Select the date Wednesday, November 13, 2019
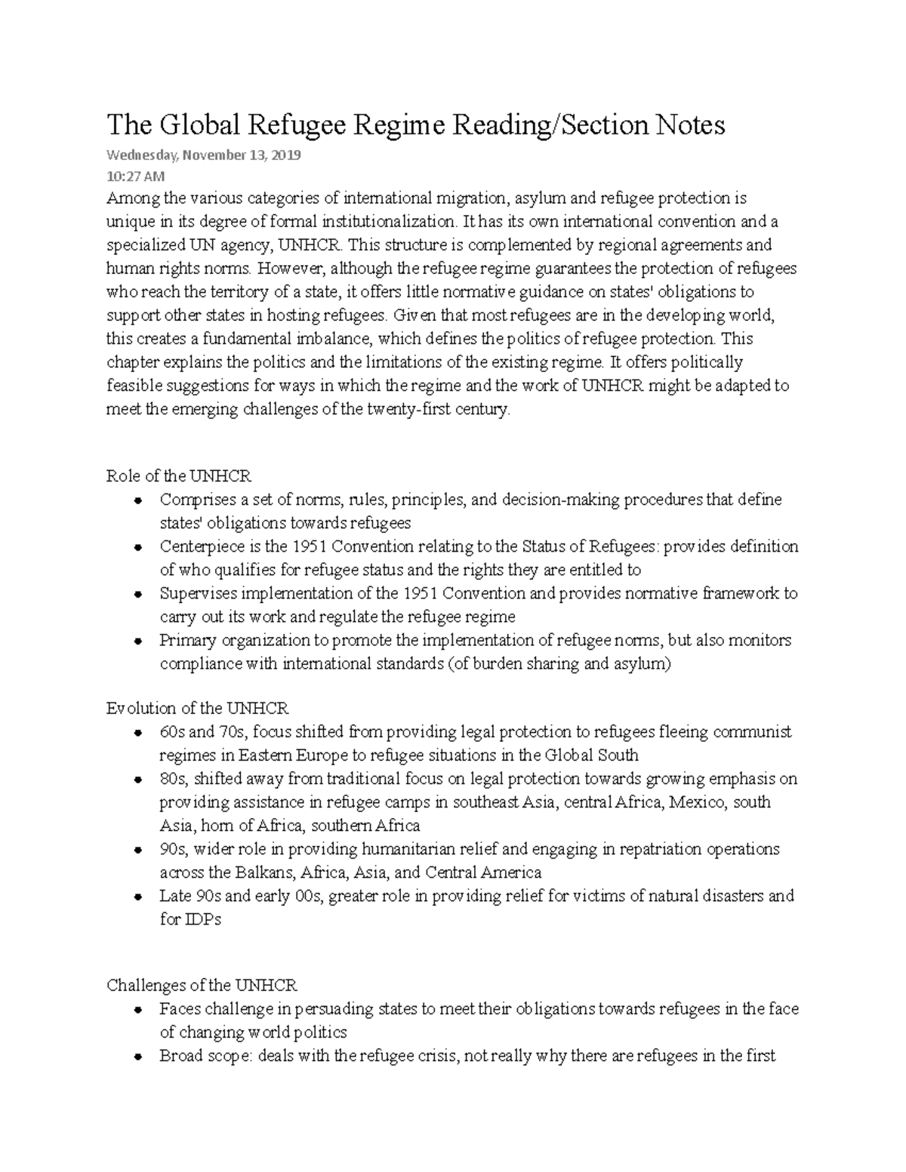204,155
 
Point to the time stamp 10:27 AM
135,177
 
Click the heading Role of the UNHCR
179,476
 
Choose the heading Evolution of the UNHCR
197,709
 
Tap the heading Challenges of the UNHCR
202,986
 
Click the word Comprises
193,500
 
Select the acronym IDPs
202,920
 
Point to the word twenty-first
409,410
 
